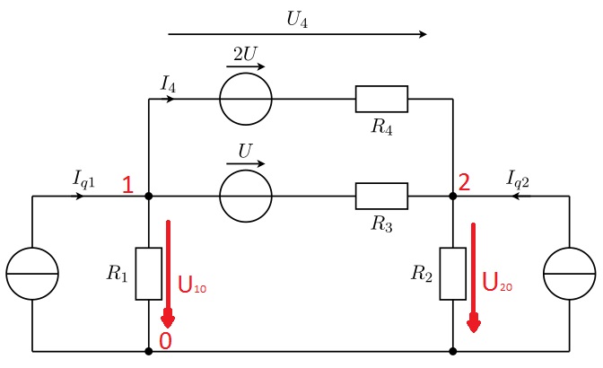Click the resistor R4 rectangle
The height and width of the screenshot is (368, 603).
point(381,99)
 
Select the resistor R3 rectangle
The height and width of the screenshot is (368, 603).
point(381,196)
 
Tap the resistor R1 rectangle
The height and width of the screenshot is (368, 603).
point(149,274)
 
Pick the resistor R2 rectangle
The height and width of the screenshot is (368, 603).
point(452,274)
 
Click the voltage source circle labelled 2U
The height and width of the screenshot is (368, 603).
point(246,99)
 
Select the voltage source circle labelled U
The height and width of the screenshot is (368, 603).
point(246,196)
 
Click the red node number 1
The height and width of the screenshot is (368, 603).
point(128,185)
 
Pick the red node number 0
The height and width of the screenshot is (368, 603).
point(164,340)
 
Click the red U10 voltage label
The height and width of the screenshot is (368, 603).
point(193,286)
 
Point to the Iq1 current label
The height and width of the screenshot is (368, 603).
point(84,180)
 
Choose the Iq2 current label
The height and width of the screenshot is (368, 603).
point(519,180)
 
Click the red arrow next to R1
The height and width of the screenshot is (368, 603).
point(168,274)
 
